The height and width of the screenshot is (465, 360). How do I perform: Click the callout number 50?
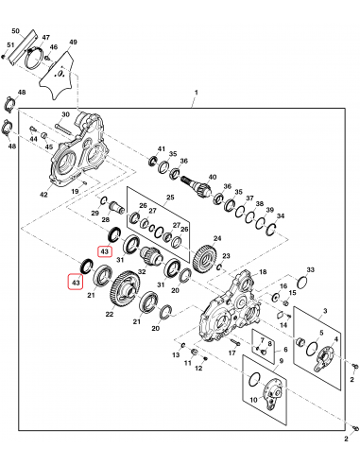(15, 31)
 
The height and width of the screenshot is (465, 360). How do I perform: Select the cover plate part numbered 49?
(57, 76)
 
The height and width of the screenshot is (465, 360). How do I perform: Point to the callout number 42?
(43, 195)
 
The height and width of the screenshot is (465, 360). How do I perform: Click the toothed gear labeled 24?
(205, 256)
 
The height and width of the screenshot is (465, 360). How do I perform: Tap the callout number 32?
(142, 271)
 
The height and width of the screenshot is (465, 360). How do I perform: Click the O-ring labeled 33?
(302, 282)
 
